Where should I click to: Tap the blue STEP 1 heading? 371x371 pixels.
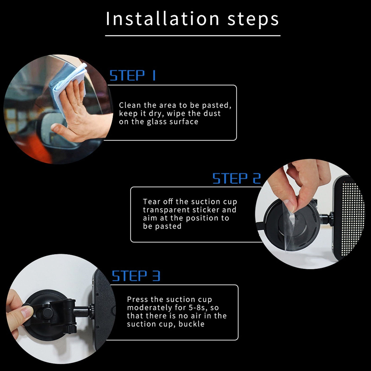pos(132,75)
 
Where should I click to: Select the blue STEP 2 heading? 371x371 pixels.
pos(237,178)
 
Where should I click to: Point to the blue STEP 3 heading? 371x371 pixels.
pos(136,276)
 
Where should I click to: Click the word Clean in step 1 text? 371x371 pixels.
pos(130,105)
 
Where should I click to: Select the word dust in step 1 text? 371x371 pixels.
pos(212,113)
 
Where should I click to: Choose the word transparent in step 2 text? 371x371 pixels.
pos(166,210)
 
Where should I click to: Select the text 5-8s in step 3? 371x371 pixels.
pos(197,308)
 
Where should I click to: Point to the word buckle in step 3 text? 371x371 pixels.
pos(191,324)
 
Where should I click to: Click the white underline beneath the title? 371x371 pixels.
pos(193,36)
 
